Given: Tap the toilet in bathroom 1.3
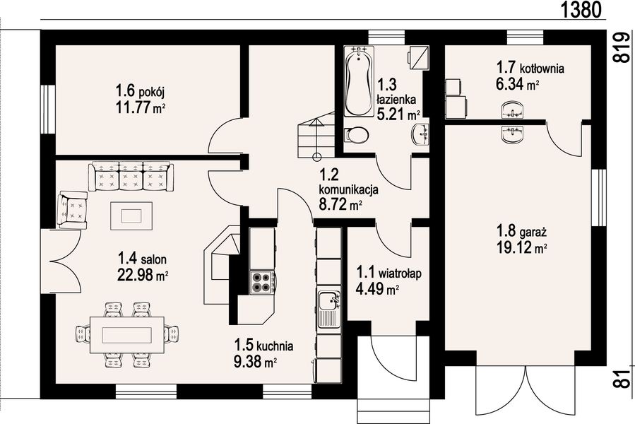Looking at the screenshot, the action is tap(357, 135).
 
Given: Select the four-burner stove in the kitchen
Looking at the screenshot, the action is tap(261, 282).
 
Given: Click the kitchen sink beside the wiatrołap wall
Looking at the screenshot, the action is tap(329, 309).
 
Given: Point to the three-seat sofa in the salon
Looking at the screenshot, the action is tap(131, 177).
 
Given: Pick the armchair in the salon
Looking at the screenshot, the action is tap(73, 211).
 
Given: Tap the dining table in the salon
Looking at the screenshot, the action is tap(126, 335).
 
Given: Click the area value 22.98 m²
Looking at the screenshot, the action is tap(143, 275).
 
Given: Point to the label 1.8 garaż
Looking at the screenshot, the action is tap(521, 232).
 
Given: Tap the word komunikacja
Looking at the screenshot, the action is tap(349, 189).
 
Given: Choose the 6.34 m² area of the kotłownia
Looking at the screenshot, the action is tap(517, 84).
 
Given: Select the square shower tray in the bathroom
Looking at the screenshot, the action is tap(419, 57).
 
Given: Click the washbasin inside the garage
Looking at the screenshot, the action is tap(512, 134).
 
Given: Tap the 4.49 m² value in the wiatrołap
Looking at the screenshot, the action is tap(377, 289).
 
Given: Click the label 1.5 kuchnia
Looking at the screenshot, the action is tap(263, 346).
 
